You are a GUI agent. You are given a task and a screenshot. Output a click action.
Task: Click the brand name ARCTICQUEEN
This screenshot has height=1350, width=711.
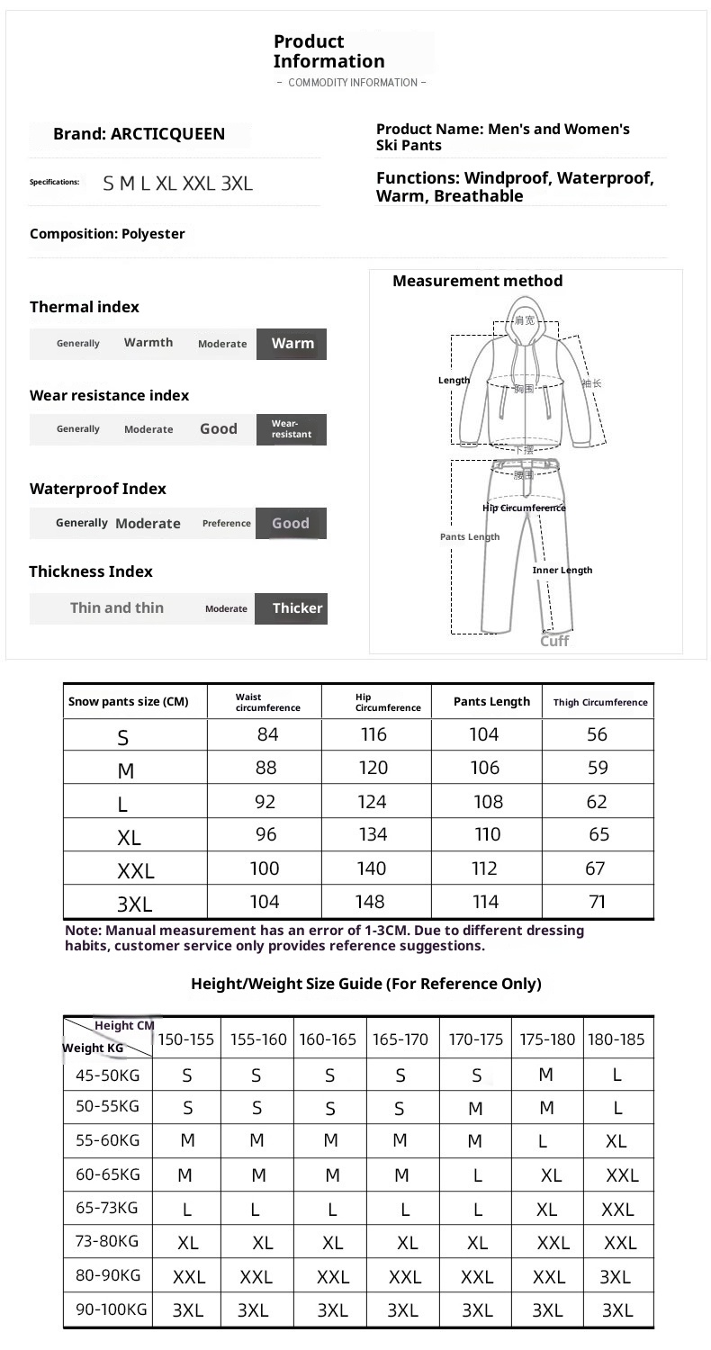pyautogui.click(x=167, y=134)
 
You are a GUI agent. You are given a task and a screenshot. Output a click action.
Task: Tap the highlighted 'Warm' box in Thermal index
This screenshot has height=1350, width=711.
pyautogui.click(x=292, y=344)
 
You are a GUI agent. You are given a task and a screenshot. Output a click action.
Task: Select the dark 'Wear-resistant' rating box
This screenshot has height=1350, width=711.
pyautogui.click(x=291, y=429)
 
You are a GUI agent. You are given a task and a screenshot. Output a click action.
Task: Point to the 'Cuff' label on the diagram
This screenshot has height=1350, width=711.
pyautogui.click(x=554, y=641)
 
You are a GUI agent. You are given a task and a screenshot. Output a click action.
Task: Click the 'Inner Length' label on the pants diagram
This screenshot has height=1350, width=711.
pyautogui.click(x=562, y=570)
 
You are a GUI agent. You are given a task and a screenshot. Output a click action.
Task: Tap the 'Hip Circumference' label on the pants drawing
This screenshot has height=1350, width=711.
pyautogui.click(x=524, y=508)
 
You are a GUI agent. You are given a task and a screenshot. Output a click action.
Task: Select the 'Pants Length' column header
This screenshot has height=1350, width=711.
pyautogui.click(x=491, y=702)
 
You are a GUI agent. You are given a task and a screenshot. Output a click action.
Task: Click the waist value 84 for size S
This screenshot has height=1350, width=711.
pyautogui.click(x=267, y=734)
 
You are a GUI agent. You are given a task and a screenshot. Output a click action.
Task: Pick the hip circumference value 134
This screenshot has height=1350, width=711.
pyautogui.click(x=373, y=834)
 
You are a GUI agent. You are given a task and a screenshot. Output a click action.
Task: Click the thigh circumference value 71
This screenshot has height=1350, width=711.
pyautogui.click(x=597, y=902)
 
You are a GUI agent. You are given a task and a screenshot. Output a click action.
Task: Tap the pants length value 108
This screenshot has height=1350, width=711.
pyautogui.click(x=488, y=802)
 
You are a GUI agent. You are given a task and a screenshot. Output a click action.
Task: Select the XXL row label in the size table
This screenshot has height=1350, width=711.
pyautogui.click(x=136, y=871)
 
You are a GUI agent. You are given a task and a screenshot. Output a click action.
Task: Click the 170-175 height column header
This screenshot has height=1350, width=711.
pyautogui.click(x=476, y=1039)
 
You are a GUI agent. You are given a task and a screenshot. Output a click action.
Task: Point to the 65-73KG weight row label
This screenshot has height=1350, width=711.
pyautogui.click(x=107, y=1208)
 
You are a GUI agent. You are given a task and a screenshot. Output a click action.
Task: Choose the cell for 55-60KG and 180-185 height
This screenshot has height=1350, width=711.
pyautogui.click(x=616, y=1141)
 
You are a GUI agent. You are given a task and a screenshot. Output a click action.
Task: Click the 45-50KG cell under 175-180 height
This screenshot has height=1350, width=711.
pyautogui.click(x=546, y=1075)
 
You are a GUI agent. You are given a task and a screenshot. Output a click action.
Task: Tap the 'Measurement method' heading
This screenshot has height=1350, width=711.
pyautogui.click(x=477, y=281)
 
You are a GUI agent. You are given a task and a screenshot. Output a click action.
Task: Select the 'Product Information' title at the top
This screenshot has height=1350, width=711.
pyautogui.click(x=328, y=51)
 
